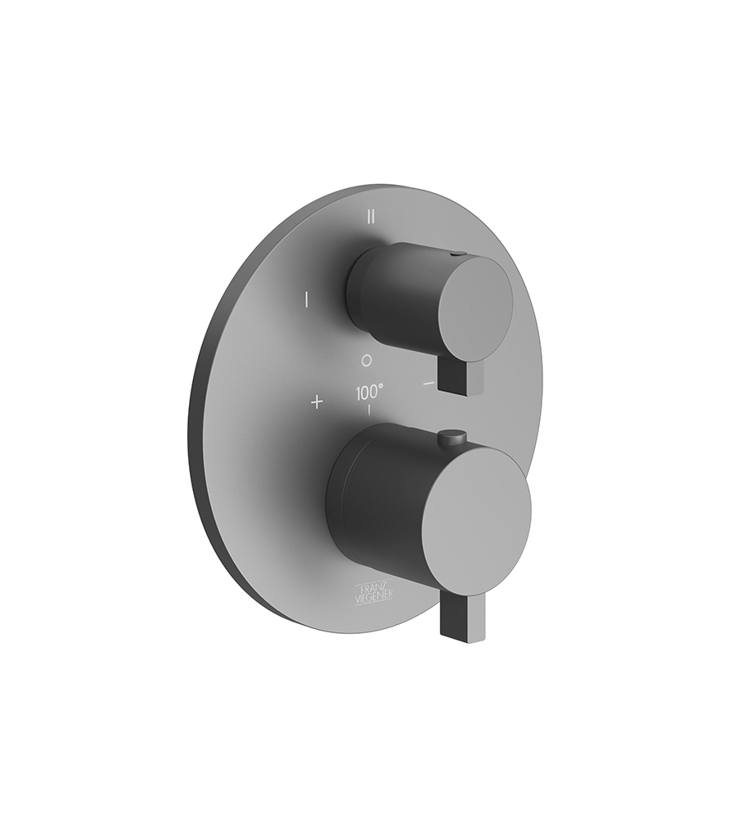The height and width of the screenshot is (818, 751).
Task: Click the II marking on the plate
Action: click(371, 217)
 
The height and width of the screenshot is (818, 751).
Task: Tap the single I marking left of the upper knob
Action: click(306, 299)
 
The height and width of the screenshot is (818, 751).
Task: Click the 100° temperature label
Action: click(368, 392)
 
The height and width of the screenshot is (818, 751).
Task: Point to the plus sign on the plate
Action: click(317, 402)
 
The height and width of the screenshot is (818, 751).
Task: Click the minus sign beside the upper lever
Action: click(429, 383)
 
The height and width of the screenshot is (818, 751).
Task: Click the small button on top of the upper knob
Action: click(456, 255)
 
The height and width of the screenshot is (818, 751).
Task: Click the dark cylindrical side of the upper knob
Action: click(380, 282)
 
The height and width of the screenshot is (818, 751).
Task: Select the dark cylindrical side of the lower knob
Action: click(372, 499)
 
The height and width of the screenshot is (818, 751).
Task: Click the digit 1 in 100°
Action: click(358, 392)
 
